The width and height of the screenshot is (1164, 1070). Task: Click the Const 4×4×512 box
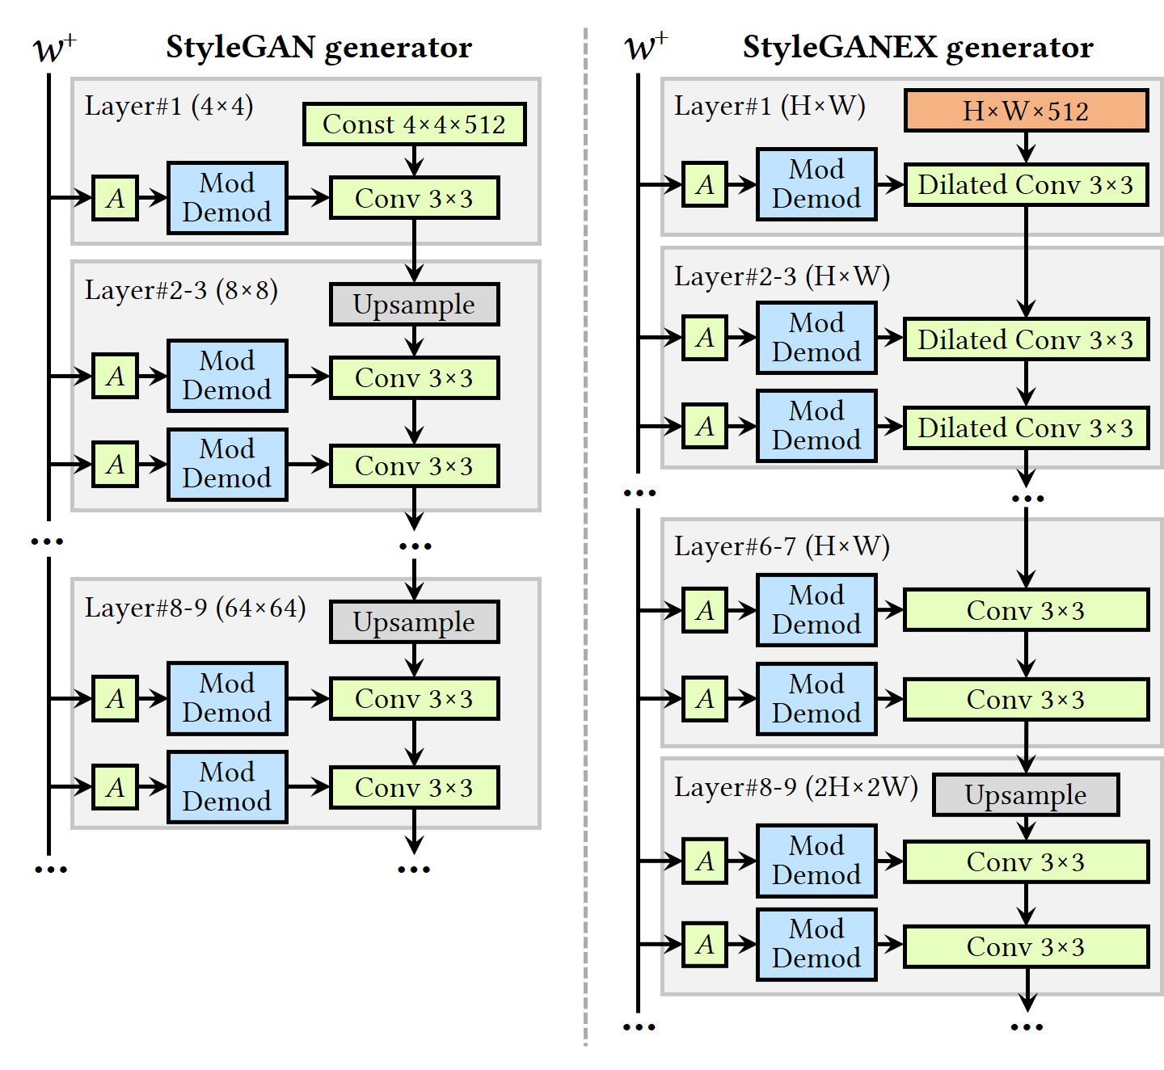point(414,124)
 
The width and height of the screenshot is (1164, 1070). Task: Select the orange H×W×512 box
point(1026,111)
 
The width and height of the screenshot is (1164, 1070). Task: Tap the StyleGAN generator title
point(318,48)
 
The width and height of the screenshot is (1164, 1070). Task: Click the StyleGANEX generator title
point(917,48)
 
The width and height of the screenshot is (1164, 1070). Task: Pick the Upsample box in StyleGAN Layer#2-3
point(414,305)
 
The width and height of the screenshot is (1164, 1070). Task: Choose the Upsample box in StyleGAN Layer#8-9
point(414,622)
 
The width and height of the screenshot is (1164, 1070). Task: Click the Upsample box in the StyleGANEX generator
point(1026,795)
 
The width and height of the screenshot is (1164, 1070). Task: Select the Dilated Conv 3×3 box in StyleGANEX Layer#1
point(1026,185)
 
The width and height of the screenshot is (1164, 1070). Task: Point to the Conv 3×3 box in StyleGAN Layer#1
point(414,199)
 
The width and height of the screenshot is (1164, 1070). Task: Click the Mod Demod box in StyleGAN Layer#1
point(227,198)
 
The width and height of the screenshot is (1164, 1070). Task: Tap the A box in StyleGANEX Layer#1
point(705,185)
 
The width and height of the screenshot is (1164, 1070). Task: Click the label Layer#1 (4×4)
point(169,106)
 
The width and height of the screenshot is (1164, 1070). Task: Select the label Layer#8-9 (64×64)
point(195,608)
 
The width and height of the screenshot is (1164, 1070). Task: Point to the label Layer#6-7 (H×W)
point(782,546)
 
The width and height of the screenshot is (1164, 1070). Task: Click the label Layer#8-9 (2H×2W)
point(795,787)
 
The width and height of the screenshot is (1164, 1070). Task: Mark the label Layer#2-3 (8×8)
point(181,290)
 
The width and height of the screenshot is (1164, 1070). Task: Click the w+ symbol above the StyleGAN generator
point(54,48)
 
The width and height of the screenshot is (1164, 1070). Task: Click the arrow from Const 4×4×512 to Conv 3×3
point(414,161)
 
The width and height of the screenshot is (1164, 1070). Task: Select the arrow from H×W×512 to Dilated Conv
point(1026,148)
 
